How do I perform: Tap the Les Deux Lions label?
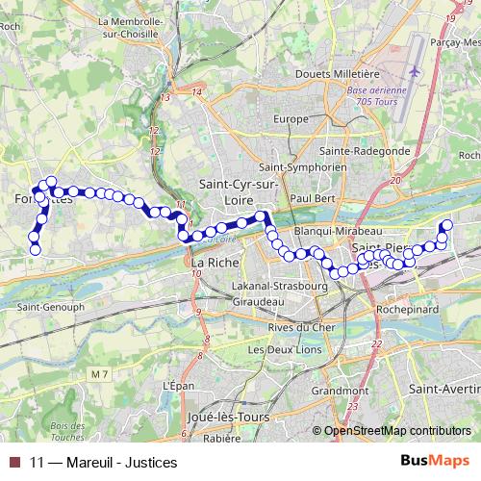pyautogui.click(x=282, y=350)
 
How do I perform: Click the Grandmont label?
pyautogui.click(x=341, y=392)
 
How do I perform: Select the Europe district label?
pyautogui.click(x=290, y=118)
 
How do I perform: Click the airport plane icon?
pyautogui.click(x=414, y=71)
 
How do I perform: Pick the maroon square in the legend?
pyautogui.click(x=13, y=462)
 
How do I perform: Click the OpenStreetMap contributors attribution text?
pyautogui.click(x=396, y=431)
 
